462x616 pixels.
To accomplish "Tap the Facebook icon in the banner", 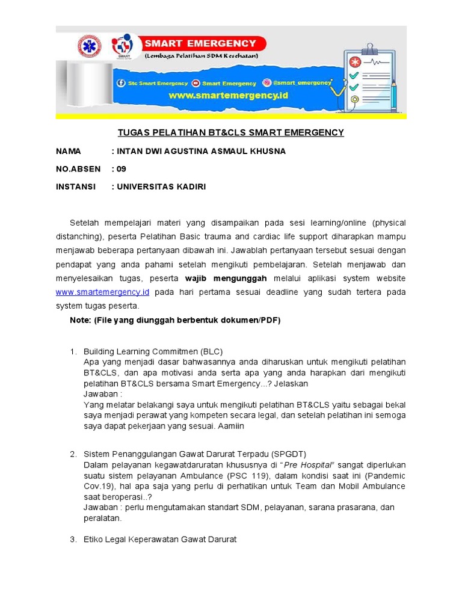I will click(x=122, y=83).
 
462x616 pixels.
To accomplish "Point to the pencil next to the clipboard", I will click(x=393, y=93).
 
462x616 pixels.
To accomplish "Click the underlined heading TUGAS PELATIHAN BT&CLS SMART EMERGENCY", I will click(x=230, y=132).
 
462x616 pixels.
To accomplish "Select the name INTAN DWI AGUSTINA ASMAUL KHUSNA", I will click(x=202, y=151).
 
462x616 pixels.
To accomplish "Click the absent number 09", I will click(x=122, y=169).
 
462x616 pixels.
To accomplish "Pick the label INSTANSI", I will click(x=76, y=186).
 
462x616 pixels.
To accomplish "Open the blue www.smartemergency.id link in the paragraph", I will click(x=102, y=292).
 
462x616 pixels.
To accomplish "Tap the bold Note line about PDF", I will click(x=175, y=320).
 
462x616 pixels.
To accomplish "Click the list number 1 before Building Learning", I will click(x=73, y=351).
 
